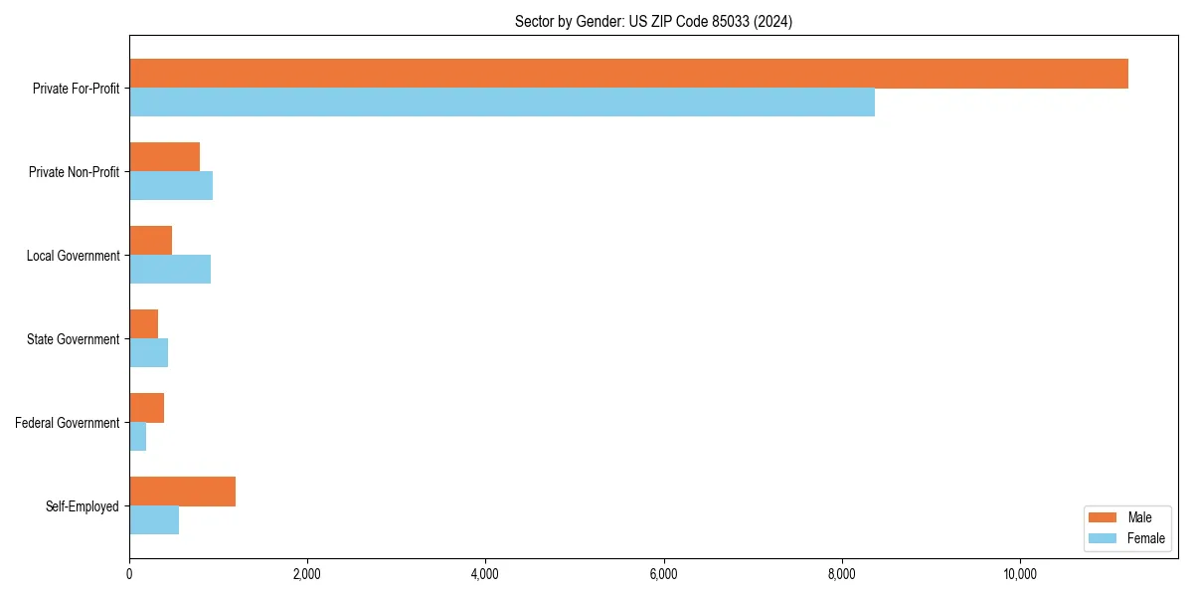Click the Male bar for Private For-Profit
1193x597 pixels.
coord(628,74)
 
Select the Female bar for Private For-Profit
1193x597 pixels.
coord(502,102)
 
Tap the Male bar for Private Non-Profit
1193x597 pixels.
coord(164,157)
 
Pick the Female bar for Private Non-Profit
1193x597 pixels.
coord(171,186)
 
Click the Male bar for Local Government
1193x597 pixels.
coord(150,241)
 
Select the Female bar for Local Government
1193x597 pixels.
coord(170,270)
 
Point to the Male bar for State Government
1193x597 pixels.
coord(143,324)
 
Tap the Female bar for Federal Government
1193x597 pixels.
coord(137,437)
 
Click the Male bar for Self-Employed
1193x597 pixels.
coord(182,492)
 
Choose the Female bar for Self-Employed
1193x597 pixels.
coord(154,520)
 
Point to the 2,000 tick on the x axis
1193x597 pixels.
coord(307,574)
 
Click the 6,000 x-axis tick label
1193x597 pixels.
coord(663,574)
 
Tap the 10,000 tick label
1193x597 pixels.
coord(1020,574)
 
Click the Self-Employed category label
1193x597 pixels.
coord(83,506)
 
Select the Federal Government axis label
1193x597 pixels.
coord(68,423)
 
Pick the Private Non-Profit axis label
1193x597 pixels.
coord(74,172)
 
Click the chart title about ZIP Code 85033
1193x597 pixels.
coord(653,21)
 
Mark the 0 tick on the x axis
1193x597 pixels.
coord(129,574)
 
